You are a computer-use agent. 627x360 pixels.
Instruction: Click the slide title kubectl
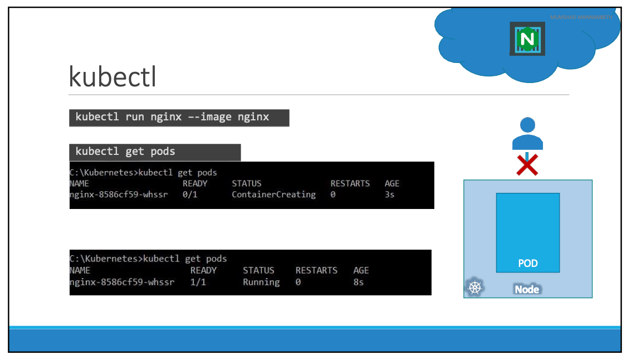click(x=112, y=76)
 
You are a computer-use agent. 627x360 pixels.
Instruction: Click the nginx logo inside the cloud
click(x=527, y=38)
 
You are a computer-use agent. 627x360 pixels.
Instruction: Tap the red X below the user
click(x=527, y=164)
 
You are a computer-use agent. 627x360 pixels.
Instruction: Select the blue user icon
click(x=527, y=134)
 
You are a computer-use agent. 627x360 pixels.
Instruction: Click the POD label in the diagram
click(x=527, y=263)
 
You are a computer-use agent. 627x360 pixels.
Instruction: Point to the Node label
click(x=527, y=289)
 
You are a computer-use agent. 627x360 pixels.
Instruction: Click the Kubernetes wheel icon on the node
click(x=474, y=288)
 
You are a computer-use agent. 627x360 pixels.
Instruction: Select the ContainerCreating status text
click(x=273, y=194)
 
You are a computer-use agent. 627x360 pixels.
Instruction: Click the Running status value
click(x=261, y=282)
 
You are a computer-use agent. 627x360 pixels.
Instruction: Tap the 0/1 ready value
click(x=190, y=194)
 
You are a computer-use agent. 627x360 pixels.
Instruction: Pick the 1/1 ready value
click(x=198, y=282)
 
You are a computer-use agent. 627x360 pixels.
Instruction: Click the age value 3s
click(x=389, y=194)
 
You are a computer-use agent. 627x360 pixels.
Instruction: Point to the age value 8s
click(x=359, y=282)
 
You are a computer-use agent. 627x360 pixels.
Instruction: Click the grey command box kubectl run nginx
click(x=179, y=118)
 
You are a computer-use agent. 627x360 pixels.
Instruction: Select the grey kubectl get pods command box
click(x=155, y=152)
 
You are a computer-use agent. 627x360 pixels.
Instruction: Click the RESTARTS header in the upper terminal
click(x=350, y=183)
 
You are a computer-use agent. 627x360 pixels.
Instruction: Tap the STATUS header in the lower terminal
click(x=258, y=270)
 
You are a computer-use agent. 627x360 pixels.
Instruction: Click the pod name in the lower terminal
click(x=122, y=282)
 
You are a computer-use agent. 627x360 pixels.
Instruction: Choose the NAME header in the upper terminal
click(x=79, y=183)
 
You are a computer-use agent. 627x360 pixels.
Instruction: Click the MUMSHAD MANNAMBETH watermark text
click(x=581, y=17)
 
